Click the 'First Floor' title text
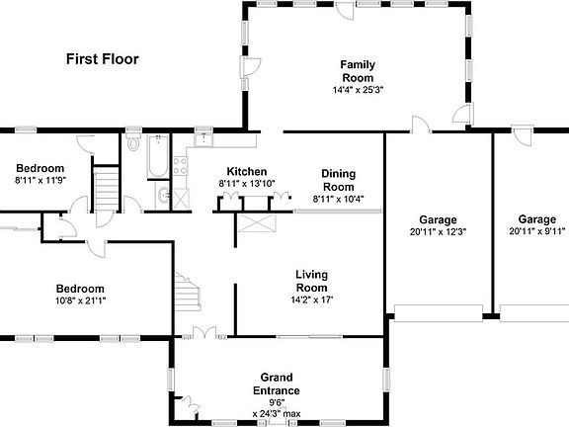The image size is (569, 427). (103, 59)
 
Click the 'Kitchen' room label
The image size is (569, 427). (246, 171)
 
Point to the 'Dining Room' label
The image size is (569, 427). (338, 180)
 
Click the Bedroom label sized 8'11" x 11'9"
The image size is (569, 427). (40, 169)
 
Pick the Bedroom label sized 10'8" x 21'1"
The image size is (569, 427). (79, 289)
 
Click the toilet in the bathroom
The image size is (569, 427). (134, 145)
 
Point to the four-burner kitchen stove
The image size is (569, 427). (180, 164)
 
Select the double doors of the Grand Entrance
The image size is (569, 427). (204, 333)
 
